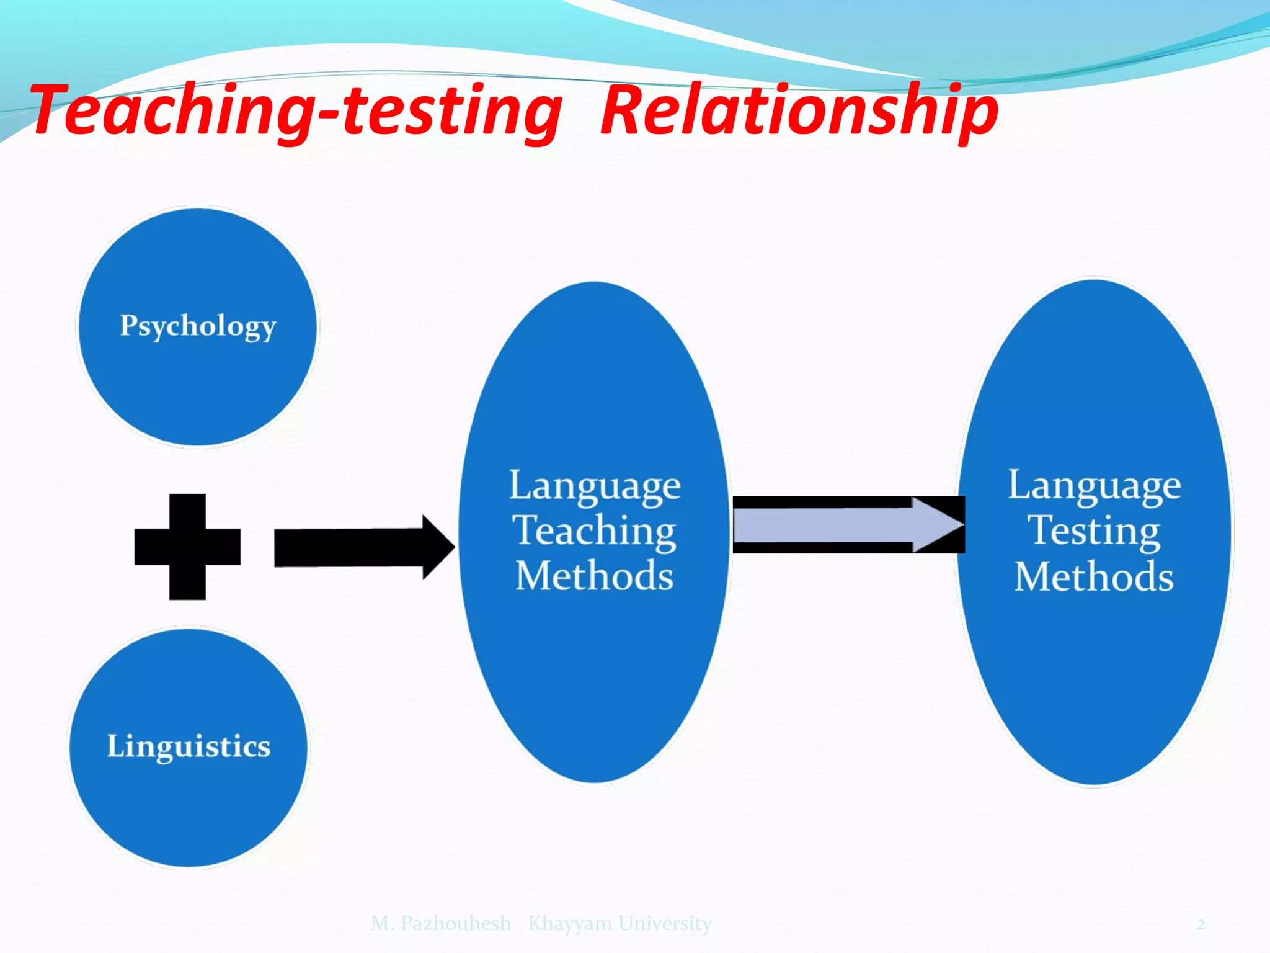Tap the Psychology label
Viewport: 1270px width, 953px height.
click(x=198, y=326)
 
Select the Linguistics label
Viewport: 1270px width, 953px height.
click(x=189, y=746)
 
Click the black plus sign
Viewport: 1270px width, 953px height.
click(x=187, y=547)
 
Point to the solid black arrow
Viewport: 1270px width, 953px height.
click(x=353, y=547)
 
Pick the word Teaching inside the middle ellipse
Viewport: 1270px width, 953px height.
click(x=594, y=531)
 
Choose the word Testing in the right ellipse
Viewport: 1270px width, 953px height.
click(x=1094, y=531)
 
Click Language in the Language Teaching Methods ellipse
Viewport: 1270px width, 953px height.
click(x=594, y=486)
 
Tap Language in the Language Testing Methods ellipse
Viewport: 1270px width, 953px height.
click(x=1094, y=486)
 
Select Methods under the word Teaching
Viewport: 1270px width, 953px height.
click(x=594, y=576)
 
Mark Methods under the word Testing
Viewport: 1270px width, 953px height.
click(x=1094, y=577)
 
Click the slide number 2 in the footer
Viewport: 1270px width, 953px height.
click(x=1201, y=924)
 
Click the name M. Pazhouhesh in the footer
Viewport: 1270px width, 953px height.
click(x=441, y=923)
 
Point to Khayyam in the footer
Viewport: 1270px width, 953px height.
click(x=570, y=924)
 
